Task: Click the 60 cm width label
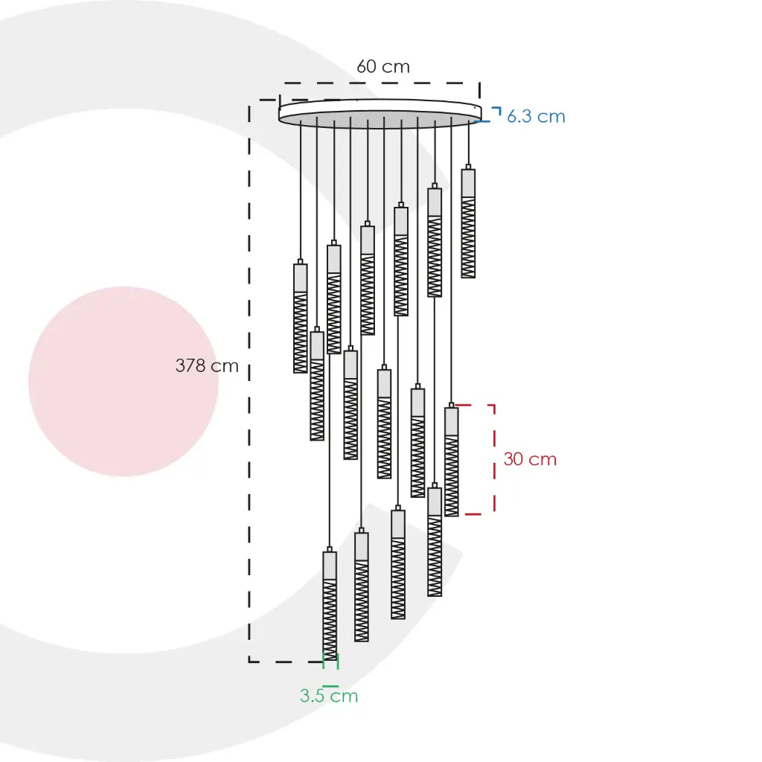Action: pyautogui.click(x=383, y=66)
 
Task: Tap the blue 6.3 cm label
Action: pyautogui.click(x=536, y=117)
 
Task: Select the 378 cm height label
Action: pyautogui.click(x=207, y=365)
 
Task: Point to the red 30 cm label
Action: pyautogui.click(x=530, y=459)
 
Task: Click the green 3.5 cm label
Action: pyautogui.click(x=329, y=696)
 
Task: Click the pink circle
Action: pyautogui.click(x=124, y=382)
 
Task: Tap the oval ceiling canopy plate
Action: pyautogui.click(x=380, y=113)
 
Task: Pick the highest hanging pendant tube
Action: pyautogui.click(x=469, y=221)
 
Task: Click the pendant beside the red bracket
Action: pyautogui.click(x=452, y=459)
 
